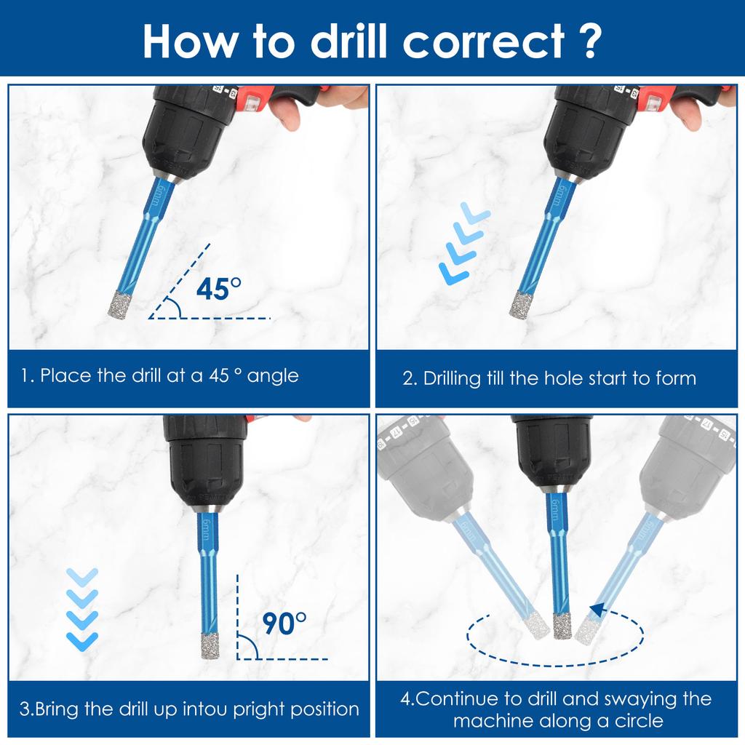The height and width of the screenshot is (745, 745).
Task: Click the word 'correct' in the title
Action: [484, 41]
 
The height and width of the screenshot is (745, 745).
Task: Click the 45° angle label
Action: [218, 289]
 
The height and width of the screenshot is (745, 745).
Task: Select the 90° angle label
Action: [284, 624]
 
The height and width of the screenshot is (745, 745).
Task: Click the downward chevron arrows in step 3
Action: [81, 609]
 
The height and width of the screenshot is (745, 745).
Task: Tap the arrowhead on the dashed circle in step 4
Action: [598, 610]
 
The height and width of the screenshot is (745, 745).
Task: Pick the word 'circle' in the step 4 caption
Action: [638, 721]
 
